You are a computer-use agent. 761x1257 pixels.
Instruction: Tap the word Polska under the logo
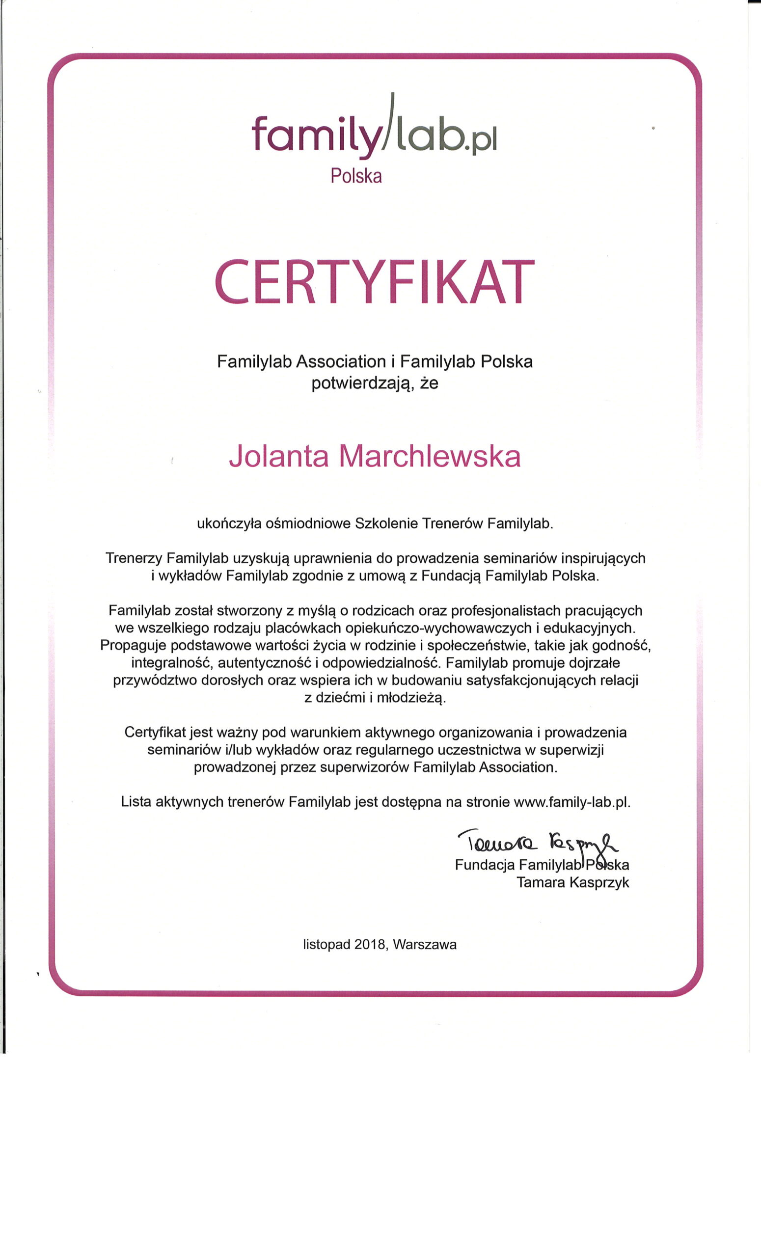click(x=356, y=176)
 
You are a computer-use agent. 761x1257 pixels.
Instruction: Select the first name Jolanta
click(x=278, y=456)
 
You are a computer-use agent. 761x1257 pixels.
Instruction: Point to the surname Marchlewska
click(x=430, y=456)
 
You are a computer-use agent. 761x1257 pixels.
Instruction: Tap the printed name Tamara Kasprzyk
click(x=572, y=882)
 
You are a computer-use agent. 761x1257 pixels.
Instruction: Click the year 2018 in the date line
click(x=369, y=944)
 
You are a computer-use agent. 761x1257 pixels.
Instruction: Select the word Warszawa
click(x=425, y=944)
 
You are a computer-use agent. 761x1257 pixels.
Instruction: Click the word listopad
click(x=326, y=944)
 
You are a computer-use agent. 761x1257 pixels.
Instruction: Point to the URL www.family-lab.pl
click(x=572, y=802)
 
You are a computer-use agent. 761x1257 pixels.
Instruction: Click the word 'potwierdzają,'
click(x=362, y=383)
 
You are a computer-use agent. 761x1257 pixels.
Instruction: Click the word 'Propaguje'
click(x=133, y=645)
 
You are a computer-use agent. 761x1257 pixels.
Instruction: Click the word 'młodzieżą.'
click(x=411, y=697)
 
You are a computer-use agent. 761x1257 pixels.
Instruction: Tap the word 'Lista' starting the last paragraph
click(x=136, y=802)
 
